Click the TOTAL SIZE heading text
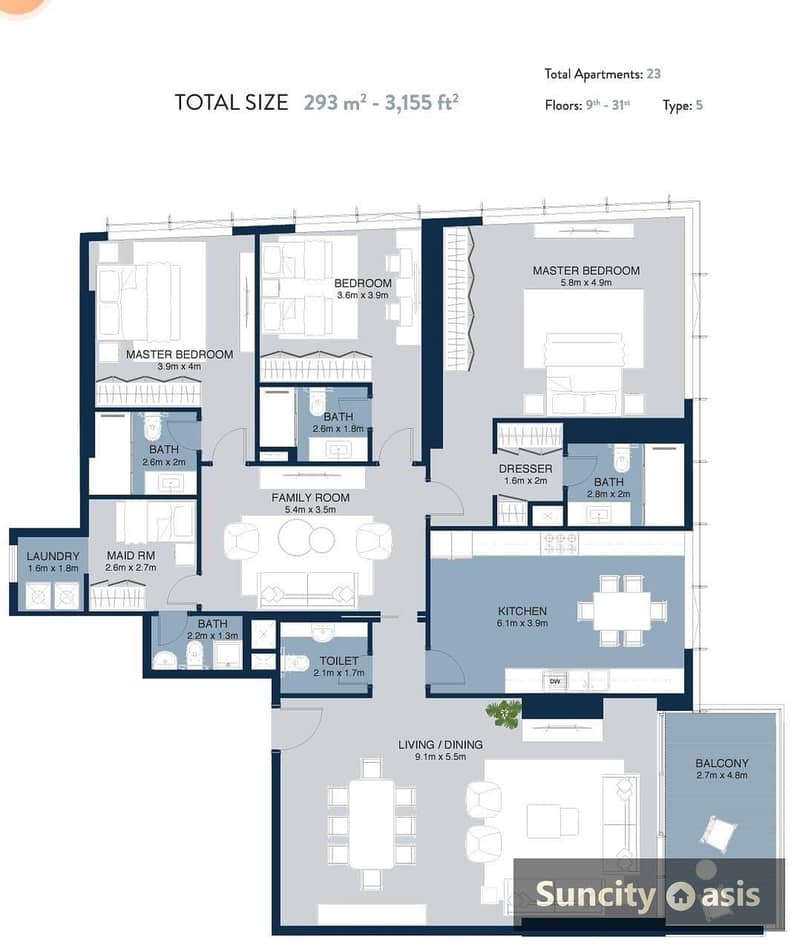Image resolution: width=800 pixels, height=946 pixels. (x=231, y=102)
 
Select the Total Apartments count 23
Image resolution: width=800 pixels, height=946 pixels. (x=653, y=74)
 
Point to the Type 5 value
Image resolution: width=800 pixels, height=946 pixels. (x=699, y=105)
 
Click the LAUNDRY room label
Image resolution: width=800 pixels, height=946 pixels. (x=53, y=557)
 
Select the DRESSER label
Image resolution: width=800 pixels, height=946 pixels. (x=525, y=469)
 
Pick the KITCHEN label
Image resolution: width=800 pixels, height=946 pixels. (x=522, y=611)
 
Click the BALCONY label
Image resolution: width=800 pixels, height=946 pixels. (x=721, y=763)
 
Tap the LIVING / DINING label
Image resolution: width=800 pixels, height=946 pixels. (x=440, y=744)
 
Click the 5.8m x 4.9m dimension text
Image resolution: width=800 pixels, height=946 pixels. (x=585, y=283)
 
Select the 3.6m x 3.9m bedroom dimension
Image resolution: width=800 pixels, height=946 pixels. (x=362, y=295)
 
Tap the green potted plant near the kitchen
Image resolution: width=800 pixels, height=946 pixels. (x=503, y=713)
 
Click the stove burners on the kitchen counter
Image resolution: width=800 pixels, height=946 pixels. (x=559, y=543)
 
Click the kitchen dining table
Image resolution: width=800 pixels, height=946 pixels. (x=621, y=611)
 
